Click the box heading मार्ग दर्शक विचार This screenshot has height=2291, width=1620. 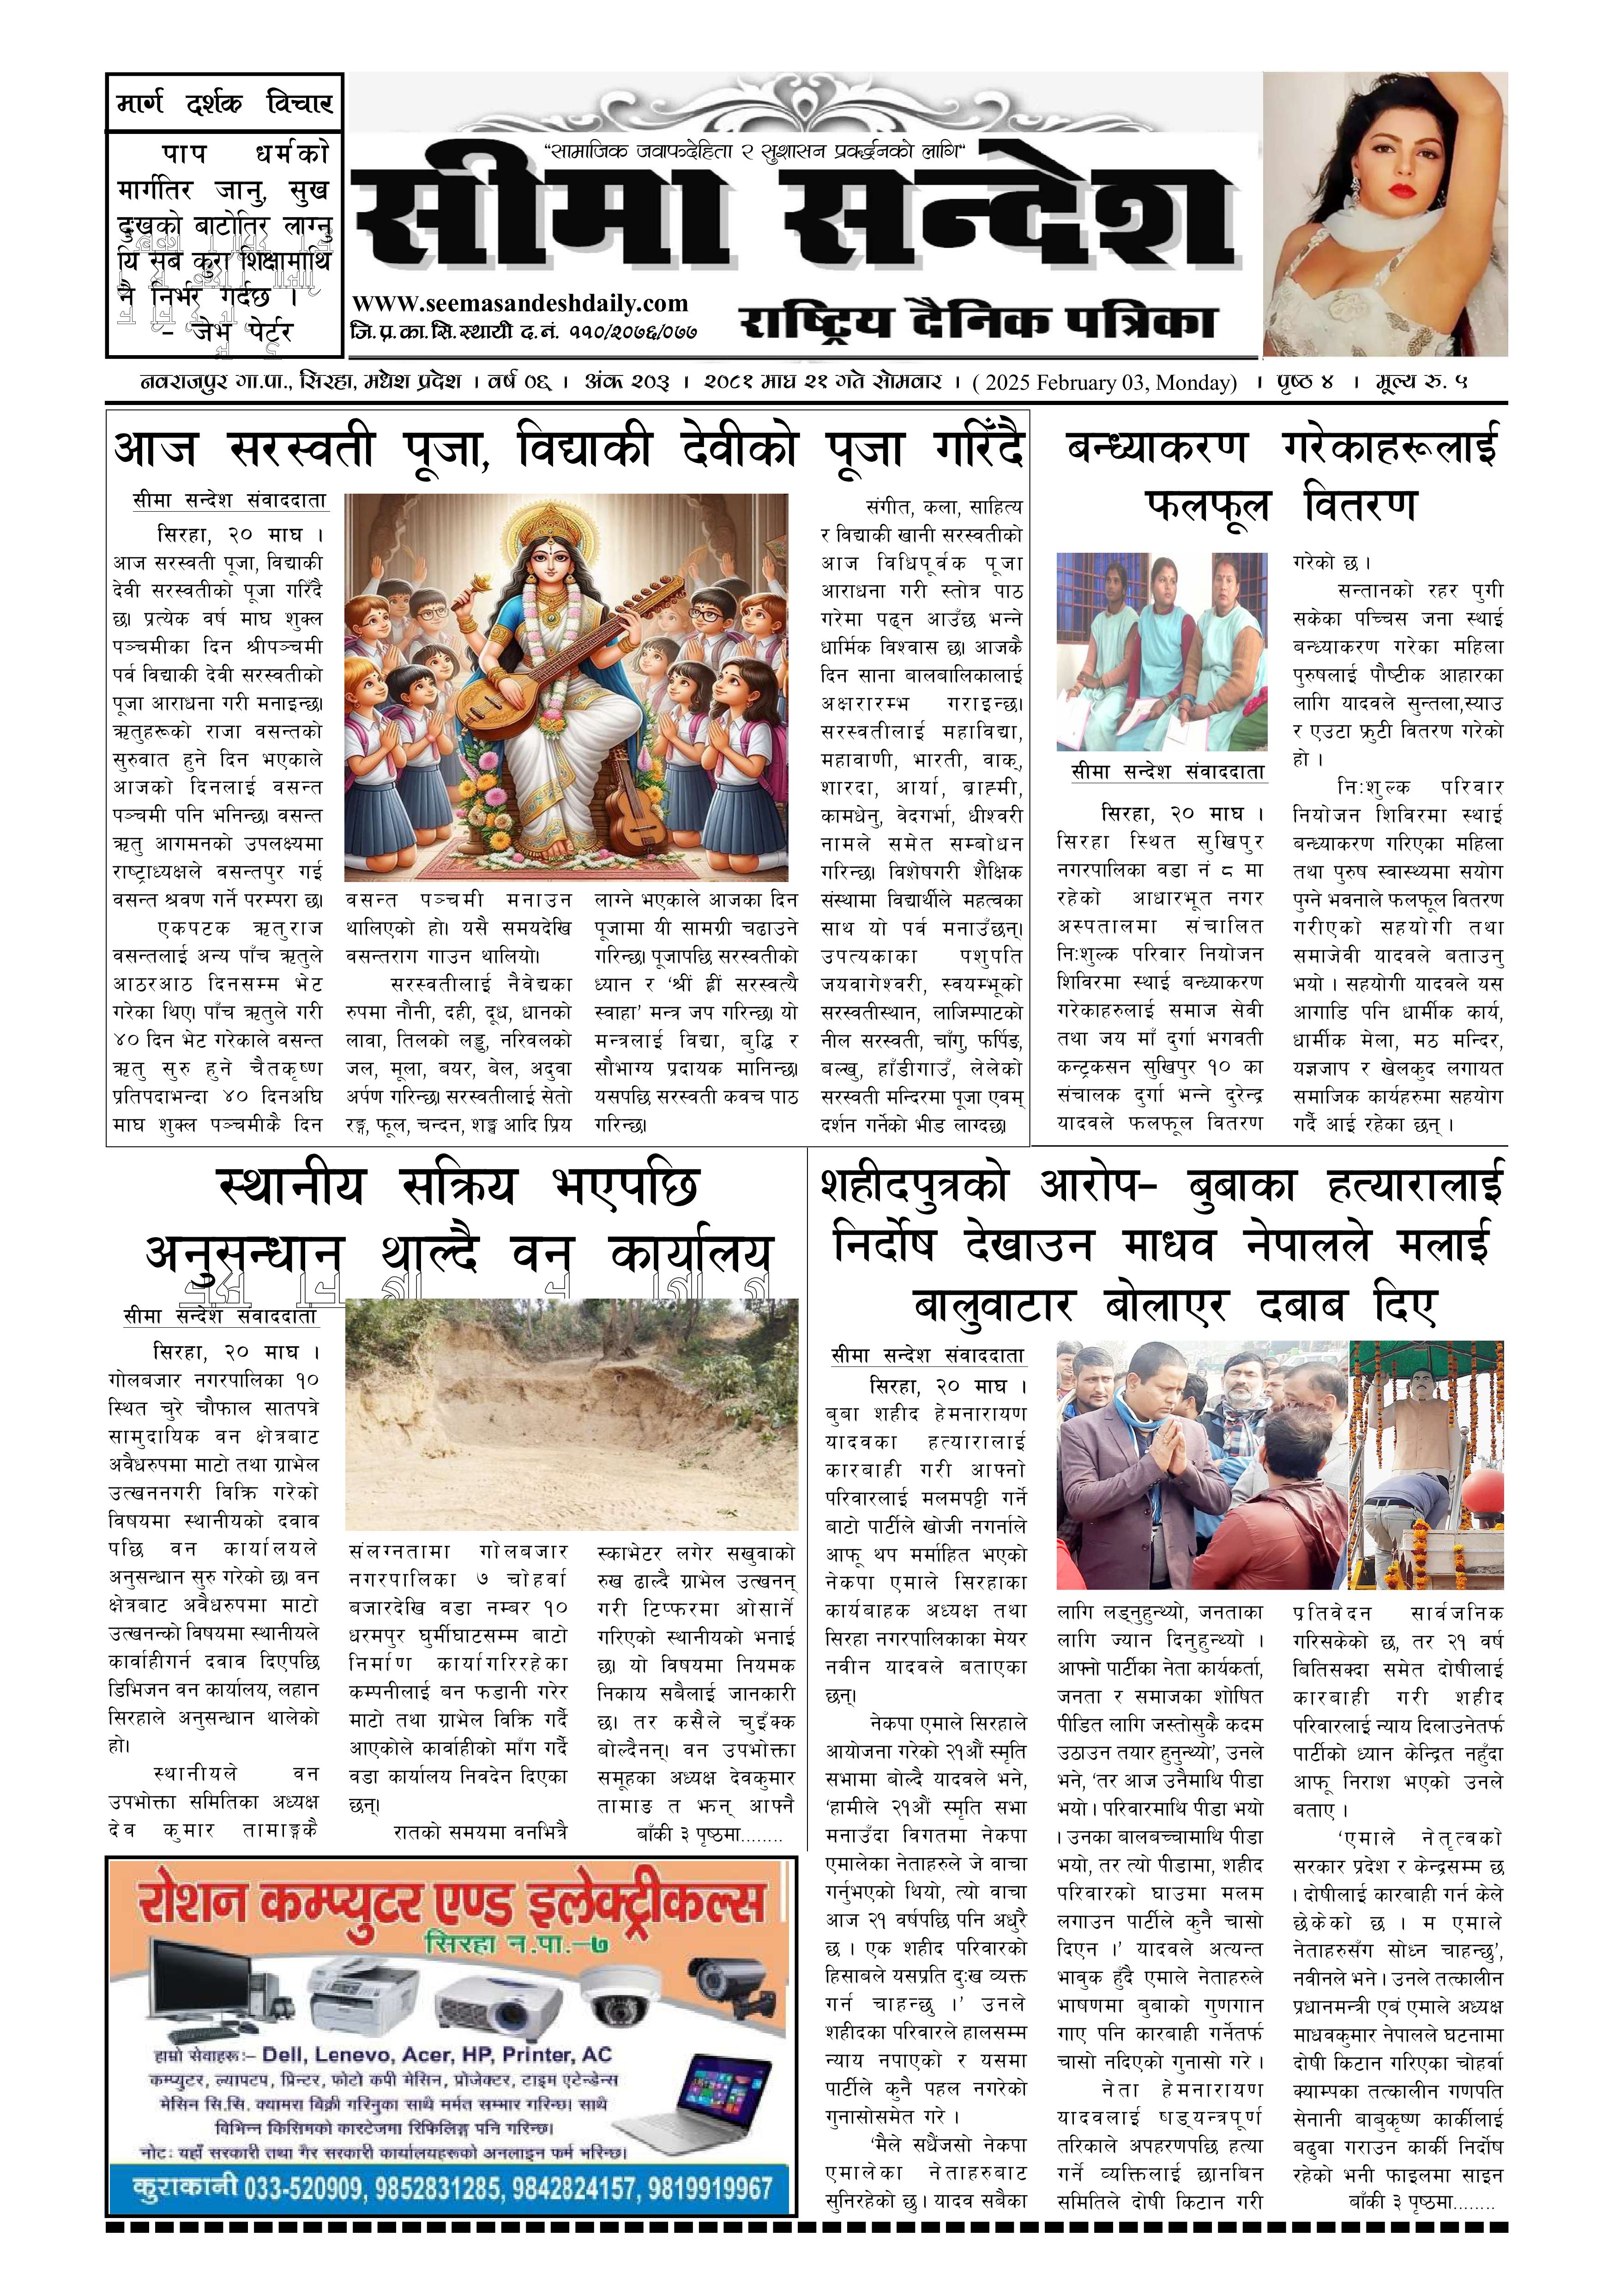click(224, 103)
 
